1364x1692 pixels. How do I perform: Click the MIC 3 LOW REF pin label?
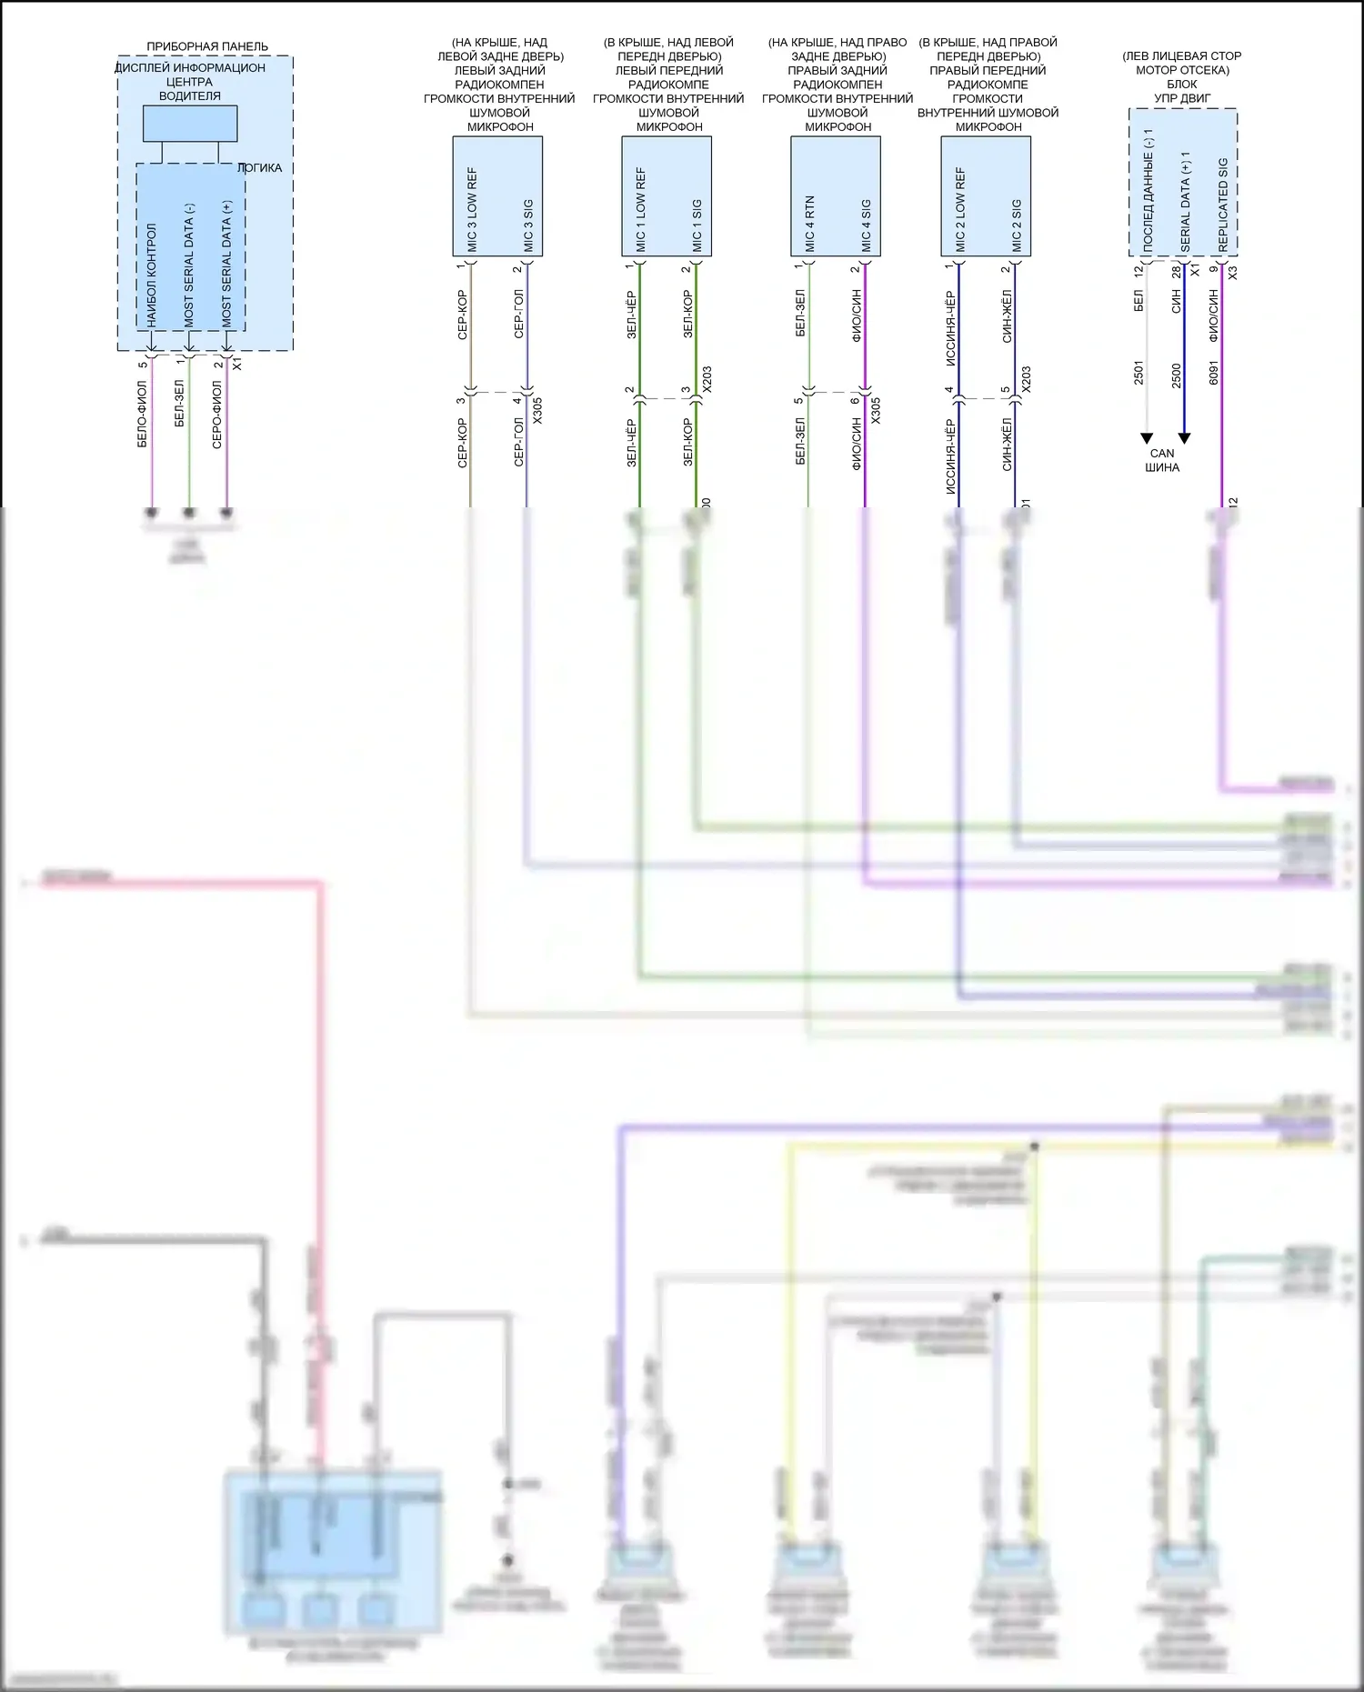(x=472, y=209)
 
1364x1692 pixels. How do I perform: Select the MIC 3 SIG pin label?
(x=528, y=225)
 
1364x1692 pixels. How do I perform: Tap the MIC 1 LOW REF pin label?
(x=641, y=209)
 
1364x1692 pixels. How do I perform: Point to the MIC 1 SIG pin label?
(x=697, y=225)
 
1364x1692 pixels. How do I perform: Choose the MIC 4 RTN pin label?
(x=809, y=223)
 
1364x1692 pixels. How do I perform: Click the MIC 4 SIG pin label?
(x=866, y=225)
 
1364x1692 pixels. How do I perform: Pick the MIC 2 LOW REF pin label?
(x=960, y=209)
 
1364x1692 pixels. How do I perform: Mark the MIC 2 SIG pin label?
(x=1017, y=225)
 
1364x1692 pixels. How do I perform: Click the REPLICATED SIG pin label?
(x=1223, y=205)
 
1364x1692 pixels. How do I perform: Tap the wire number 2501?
(x=1138, y=373)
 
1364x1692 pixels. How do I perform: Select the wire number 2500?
(x=1177, y=375)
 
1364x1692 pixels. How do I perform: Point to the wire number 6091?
(x=1214, y=373)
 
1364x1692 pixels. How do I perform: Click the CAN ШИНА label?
(x=1162, y=460)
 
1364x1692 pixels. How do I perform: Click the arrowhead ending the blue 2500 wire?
(x=1184, y=438)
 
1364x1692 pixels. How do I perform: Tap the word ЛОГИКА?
(x=260, y=168)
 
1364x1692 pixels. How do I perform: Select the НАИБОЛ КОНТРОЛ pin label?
(x=152, y=275)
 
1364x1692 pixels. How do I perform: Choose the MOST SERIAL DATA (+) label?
(x=227, y=264)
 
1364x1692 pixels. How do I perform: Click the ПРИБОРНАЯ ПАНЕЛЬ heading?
(x=207, y=46)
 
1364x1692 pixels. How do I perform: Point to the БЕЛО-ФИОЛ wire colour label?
(x=143, y=414)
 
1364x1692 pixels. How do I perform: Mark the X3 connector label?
(x=1233, y=272)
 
